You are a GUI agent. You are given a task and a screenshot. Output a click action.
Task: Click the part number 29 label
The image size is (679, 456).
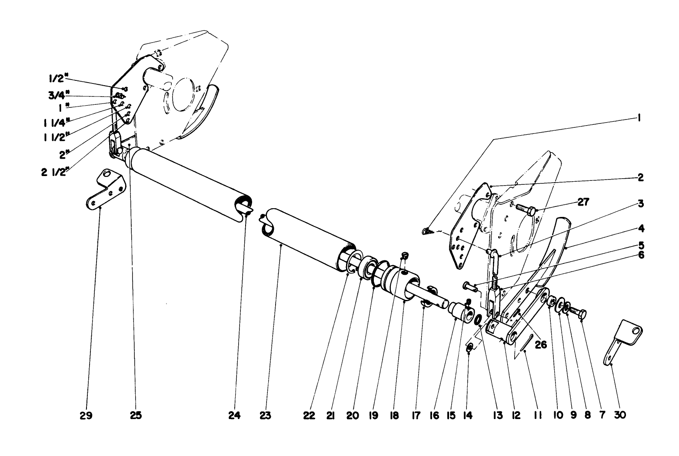pos(86,416)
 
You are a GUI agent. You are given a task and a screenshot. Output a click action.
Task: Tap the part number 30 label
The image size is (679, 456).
pos(620,415)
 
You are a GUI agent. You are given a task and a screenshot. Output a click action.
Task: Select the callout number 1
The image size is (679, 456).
pos(639,117)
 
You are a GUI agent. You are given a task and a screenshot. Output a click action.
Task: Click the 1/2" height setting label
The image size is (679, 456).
pos(59,79)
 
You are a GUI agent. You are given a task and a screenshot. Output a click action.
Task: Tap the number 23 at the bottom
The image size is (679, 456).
pos(265,416)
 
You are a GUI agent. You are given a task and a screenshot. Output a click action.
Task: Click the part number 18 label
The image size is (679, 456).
pos(394,416)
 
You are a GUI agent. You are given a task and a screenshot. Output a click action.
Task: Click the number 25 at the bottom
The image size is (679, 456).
pos(136,416)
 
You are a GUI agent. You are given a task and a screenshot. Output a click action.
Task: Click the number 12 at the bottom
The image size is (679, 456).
pos(516,416)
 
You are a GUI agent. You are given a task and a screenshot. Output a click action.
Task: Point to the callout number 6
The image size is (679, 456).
pos(641,255)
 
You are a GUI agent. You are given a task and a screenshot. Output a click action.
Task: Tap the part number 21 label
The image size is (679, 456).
pos(330,416)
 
